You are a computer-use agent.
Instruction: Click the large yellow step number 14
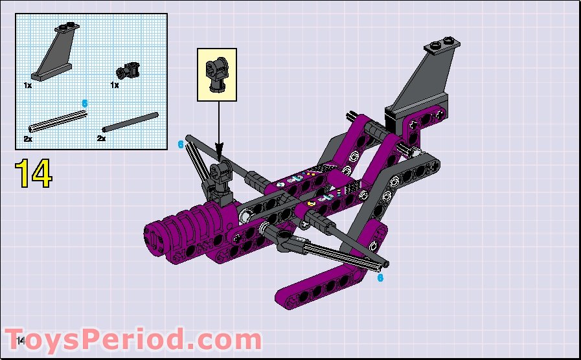tap(33, 173)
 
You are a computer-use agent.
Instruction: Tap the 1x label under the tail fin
tap(28, 85)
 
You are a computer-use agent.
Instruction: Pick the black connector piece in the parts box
tap(128, 69)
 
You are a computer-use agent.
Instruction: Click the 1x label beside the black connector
tap(115, 85)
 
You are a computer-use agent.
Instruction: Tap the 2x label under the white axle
tap(28, 139)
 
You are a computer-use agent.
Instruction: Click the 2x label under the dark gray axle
tap(101, 139)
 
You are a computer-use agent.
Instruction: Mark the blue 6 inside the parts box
tap(84, 103)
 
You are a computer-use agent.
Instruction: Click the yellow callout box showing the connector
tap(217, 74)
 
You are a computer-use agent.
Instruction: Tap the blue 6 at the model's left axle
tap(181, 144)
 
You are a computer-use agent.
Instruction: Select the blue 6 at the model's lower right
tap(380, 277)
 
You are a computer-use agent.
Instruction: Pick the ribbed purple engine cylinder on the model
tap(194, 223)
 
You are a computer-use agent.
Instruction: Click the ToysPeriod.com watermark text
tap(136, 340)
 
